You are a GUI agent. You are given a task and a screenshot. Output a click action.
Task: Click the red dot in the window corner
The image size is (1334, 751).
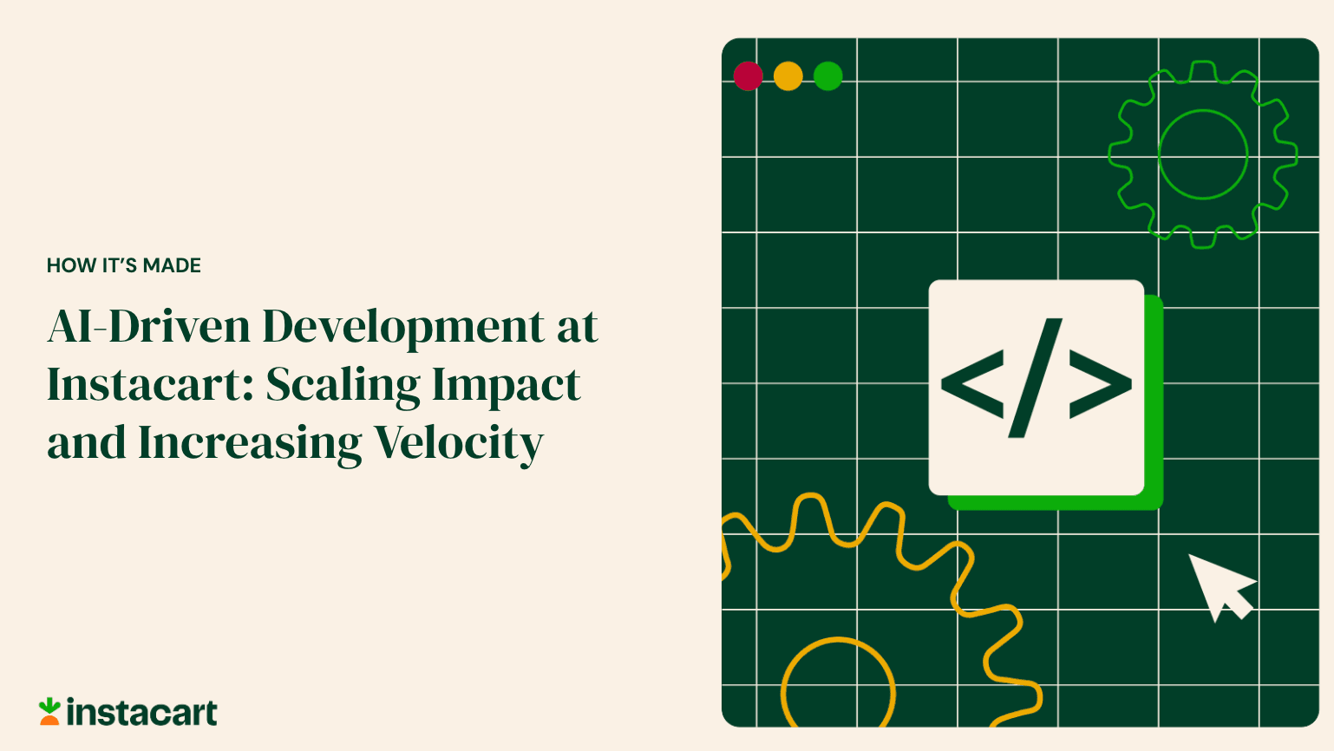[x=748, y=75]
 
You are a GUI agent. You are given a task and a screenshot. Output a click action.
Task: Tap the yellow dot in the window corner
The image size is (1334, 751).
[x=788, y=75]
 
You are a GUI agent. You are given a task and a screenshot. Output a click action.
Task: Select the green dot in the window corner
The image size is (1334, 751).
[x=828, y=75]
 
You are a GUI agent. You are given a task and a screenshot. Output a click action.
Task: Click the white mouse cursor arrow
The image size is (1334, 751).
[x=1218, y=584]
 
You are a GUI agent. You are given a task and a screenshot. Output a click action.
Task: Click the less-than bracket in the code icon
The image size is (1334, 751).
[x=972, y=383]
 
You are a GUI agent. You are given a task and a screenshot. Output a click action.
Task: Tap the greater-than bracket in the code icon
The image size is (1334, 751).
[x=1100, y=383]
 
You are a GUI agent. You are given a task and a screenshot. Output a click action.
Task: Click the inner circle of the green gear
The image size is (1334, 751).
[x=1203, y=154]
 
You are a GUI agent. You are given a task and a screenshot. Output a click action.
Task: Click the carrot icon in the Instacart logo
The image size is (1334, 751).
[x=49, y=712]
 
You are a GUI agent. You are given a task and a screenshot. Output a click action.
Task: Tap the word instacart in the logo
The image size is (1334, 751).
[x=142, y=713]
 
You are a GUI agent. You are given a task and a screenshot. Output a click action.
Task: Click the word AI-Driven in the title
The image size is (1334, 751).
[x=148, y=327]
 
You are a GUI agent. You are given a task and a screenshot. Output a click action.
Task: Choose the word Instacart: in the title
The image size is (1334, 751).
[x=150, y=385]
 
